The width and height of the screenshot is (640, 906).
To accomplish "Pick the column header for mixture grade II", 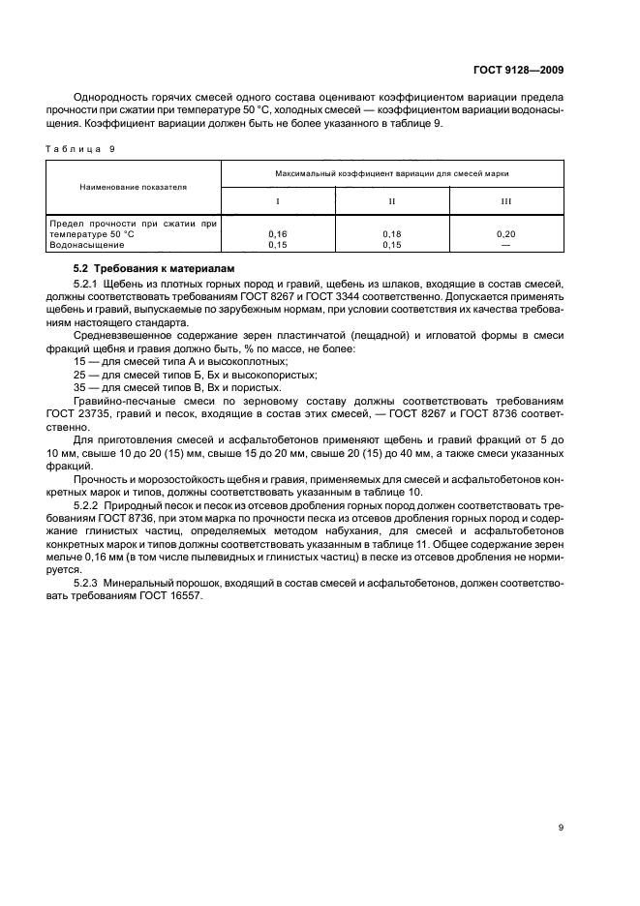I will pyautogui.click(x=391, y=201).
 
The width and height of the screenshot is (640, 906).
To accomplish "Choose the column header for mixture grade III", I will pyautogui.click(x=505, y=201).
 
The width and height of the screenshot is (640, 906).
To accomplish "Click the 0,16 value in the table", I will pyautogui.click(x=278, y=234).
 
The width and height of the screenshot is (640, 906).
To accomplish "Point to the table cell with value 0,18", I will pyautogui.click(x=391, y=234).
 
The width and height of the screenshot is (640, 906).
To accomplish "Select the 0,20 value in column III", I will pyautogui.click(x=505, y=234).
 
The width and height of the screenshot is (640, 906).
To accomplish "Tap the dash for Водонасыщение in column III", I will pyautogui.click(x=505, y=244).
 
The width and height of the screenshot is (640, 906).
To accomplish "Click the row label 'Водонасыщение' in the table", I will pyautogui.click(x=83, y=245).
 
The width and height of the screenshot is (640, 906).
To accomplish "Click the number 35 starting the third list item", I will pyautogui.click(x=80, y=387).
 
